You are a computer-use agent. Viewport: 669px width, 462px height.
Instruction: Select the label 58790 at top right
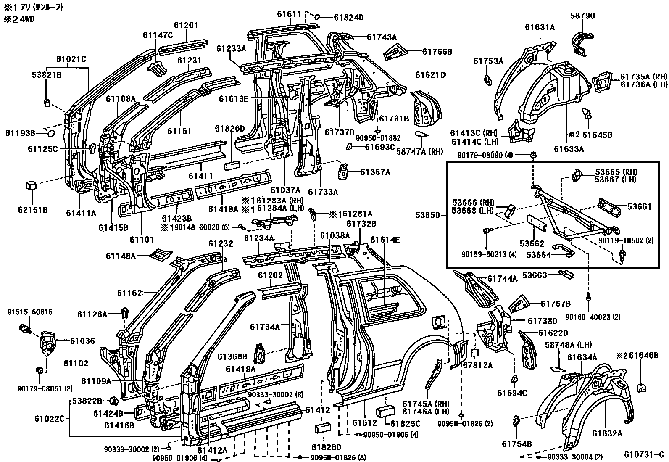[582, 16]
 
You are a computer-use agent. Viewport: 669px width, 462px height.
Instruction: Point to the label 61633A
[569, 148]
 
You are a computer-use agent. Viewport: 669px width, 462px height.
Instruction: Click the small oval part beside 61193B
[50, 134]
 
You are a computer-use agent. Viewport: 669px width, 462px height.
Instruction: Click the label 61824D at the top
[348, 17]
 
